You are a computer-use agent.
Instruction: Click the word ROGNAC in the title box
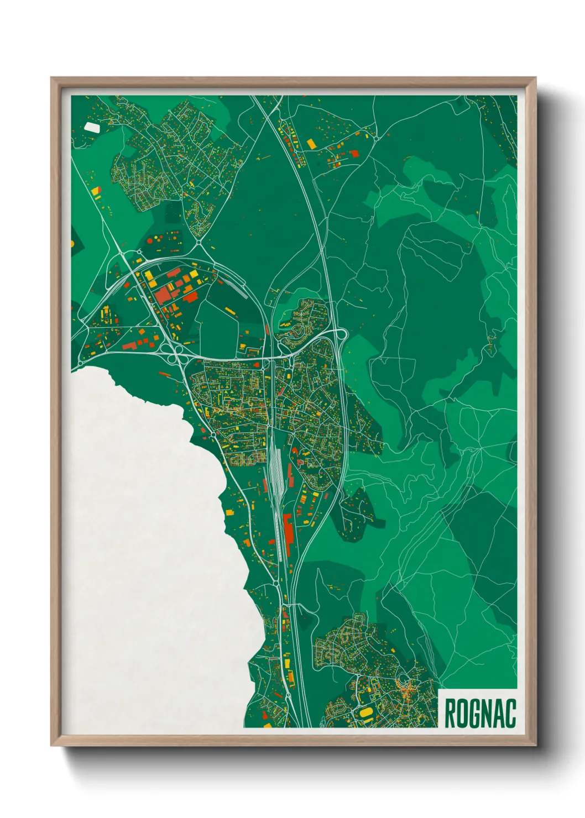[479, 713]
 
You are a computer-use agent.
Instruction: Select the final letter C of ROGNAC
[510, 713]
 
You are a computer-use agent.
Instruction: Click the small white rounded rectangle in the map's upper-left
[92, 127]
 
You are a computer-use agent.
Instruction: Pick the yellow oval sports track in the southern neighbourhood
[365, 712]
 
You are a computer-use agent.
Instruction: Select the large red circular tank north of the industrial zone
[150, 240]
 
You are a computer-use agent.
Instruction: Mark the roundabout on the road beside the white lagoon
[213, 436]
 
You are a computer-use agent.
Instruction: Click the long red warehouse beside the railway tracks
[288, 528]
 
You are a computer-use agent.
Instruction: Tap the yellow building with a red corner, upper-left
[97, 192]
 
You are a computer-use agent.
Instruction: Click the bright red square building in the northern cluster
[354, 154]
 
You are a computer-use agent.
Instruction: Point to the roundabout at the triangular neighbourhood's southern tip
[199, 241]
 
